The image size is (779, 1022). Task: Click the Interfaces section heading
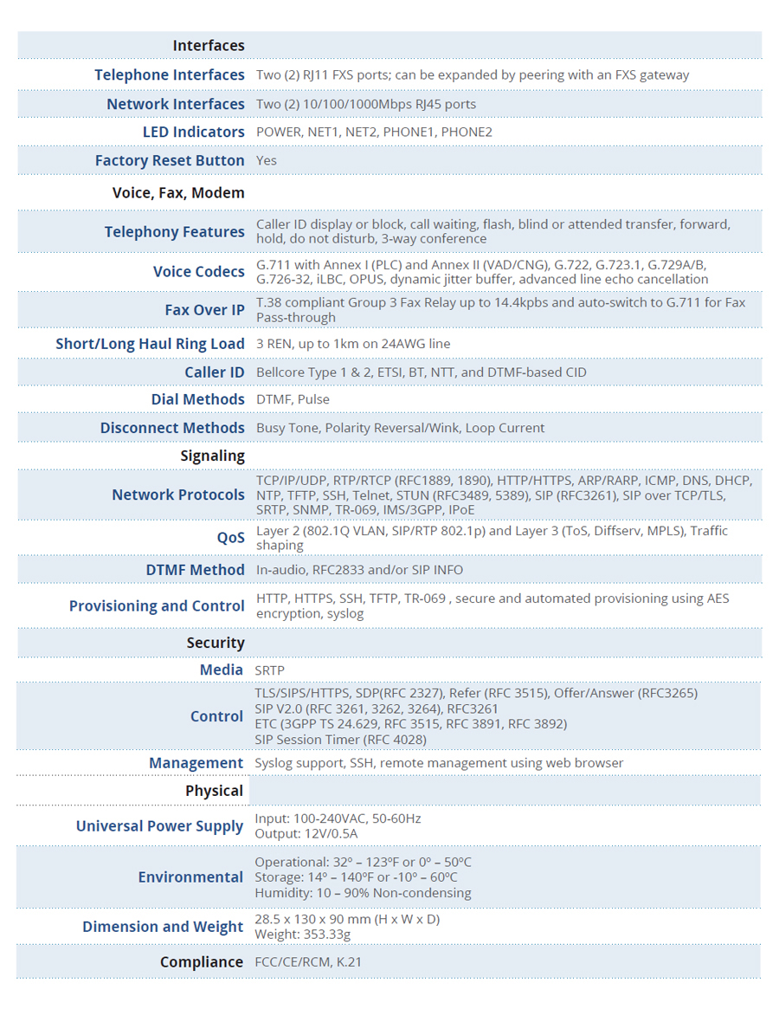click(208, 46)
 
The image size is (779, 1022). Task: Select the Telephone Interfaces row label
click(170, 75)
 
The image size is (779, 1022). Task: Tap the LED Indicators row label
click(193, 133)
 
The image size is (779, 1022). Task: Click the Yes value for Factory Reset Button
click(267, 161)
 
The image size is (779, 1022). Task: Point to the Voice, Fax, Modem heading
click(178, 193)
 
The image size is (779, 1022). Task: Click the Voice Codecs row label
click(198, 272)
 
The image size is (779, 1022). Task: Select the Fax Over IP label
click(204, 310)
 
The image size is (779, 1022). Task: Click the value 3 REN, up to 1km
click(353, 344)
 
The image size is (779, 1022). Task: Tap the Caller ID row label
click(214, 372)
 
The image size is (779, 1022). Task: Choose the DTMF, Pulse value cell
click(293, 400)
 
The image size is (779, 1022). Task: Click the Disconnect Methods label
click(172, 428)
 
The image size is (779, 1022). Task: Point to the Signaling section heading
click(212, 456)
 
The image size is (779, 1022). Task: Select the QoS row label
click(230, 538)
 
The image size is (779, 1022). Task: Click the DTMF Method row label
click(195, 570)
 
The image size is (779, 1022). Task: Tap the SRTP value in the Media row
click(269, 670)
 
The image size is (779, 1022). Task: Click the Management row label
click(196, 763)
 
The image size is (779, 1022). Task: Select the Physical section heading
click(214, 791)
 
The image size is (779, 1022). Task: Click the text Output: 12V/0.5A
click(306, 834)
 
